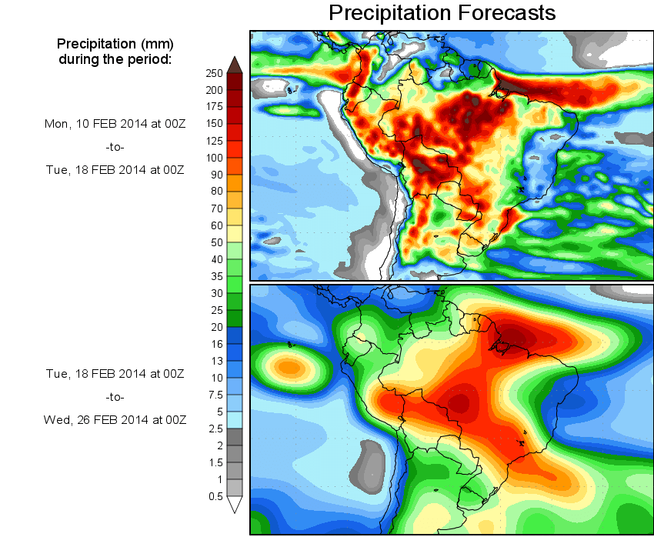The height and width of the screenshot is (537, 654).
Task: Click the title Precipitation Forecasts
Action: [x=442, y=13]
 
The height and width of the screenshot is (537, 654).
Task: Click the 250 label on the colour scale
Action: [x=214, y=73]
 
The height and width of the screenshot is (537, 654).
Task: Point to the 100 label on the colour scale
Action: [x=214, y=158]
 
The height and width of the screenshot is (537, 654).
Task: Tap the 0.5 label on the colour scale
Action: [x=216, y=495]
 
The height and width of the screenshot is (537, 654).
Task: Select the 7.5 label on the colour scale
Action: [x=216, y=394]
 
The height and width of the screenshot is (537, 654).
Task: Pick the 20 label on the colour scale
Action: [x=217, y=326]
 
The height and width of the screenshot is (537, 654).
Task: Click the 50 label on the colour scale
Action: [x=217, y=242]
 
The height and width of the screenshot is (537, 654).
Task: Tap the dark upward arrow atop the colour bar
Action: [x=235, y=65]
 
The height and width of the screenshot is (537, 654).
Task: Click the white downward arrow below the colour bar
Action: [x=235, y=504]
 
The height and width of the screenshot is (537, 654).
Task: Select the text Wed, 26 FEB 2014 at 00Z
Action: [x=115, y=419]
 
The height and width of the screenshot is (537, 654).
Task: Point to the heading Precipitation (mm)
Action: [x=115, y=43]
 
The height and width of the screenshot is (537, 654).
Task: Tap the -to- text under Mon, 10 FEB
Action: [x=114, y=146]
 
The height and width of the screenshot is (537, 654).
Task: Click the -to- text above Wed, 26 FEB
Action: [x=114, y=397]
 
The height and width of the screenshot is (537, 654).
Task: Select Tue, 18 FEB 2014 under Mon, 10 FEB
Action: [x=115, y=170]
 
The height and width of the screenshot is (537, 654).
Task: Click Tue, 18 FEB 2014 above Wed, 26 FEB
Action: [x=115, y=374]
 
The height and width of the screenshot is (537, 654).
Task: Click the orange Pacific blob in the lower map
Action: [x=289, y=367]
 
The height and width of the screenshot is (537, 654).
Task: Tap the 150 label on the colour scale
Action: [x=214, y=124]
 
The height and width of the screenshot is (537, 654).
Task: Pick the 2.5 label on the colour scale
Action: [x=216, y=428]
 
